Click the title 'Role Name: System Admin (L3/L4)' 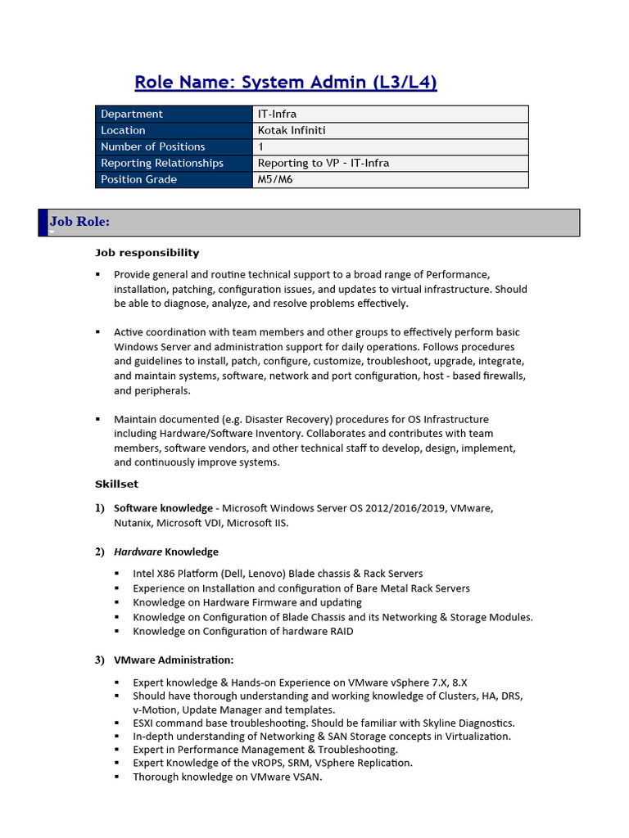(285, 82)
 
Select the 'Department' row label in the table (132, 114)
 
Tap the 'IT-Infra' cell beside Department (277, 114)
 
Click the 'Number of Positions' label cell (153, 146)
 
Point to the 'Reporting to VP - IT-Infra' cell (324, 163)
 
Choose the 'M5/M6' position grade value (275, 179)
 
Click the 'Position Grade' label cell (138, 179)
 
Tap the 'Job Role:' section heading (80, 222)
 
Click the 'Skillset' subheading (116, 484)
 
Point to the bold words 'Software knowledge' (163, 508)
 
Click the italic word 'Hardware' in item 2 (138, 552)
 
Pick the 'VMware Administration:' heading (174, 660)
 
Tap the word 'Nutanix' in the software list (133, 523)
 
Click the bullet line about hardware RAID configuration (243, 631)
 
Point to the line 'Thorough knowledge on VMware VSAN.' (228, 777)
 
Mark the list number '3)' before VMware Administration (100, 660)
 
